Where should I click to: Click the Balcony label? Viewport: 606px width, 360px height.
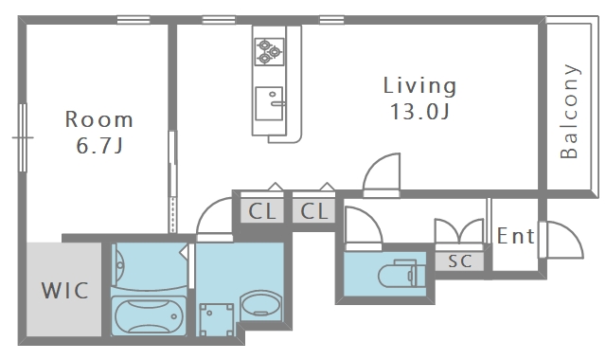pyautogui.click(x=569, y=112)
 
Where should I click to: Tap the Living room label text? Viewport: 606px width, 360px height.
pyautogui.click(x=419, y=86)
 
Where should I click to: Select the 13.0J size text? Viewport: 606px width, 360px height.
pyautogui.click(x=419, y=112)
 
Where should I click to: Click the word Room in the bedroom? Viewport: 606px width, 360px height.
pyautogui.click(x=98, y=119)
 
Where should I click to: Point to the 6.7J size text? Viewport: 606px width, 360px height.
pyautogui.click(x=99, y=146)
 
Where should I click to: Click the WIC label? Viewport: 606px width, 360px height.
pyautogui.click(x=65, y=291)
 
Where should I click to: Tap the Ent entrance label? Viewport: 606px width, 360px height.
pyautogui.click(x=515, y=236)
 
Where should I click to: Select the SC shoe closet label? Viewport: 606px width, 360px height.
pyautogui.click(x=460, y=261)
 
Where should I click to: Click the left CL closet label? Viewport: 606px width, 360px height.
pyautogui.click(x=262, y=211)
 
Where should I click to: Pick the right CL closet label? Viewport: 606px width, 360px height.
pyautogui.click(x=314, y=211)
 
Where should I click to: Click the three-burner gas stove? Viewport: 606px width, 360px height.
pyautogui.click(x=269, y=51)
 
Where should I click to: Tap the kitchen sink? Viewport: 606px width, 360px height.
pyautogui.click(x=269, y=103)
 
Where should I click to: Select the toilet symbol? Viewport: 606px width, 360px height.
pyautogui.click(x=401, y=274)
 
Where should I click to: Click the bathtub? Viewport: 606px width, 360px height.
pyautogui.click(x=149, y=315)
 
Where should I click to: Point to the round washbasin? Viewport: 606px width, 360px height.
pyautogui.click(x=260, y=304)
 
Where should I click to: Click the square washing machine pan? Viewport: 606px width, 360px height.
pyautogui.click(x=217, y=319)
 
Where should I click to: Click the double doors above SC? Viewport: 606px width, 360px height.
pyautogui.click(x=459, y=231)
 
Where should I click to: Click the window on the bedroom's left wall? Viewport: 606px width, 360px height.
pyautogui.click(x=23, y=137)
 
